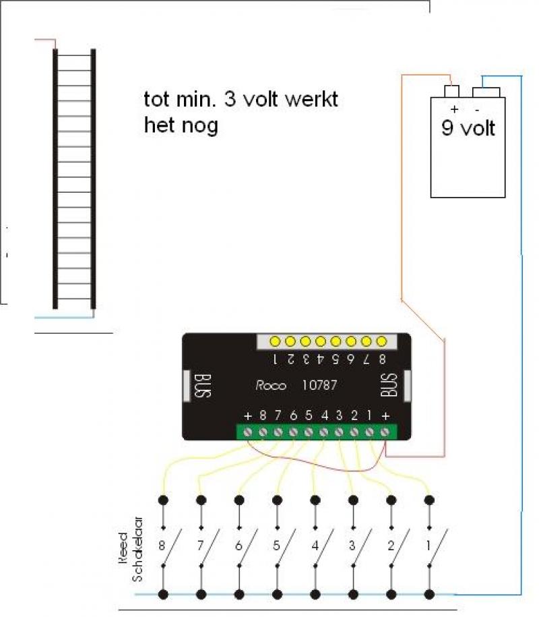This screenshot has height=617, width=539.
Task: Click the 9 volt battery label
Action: point(468,128)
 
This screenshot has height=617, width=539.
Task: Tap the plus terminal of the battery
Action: point(451,91)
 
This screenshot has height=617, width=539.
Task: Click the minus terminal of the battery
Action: point(486,92)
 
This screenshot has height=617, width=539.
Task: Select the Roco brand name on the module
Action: point(271,385)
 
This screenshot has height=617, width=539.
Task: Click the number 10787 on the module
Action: point(319,384)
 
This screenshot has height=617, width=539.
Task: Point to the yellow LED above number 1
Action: point(275,341)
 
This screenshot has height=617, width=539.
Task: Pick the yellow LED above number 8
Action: point(381,341)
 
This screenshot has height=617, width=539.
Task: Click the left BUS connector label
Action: point(203,386)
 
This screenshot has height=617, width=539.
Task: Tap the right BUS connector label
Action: point(389,385)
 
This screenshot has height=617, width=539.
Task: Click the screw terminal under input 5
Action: point(309,432)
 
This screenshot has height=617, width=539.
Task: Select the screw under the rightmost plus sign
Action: point(385,432)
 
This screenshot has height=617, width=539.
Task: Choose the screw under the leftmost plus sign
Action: point(248,432)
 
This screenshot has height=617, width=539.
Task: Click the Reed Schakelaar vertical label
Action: point(131,548)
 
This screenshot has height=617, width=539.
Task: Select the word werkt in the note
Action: point(311,99)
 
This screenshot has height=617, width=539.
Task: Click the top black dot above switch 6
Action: point(239,500)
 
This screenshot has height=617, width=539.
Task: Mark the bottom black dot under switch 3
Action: point(353,594)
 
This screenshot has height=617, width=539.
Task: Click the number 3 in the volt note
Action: point(230,99)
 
